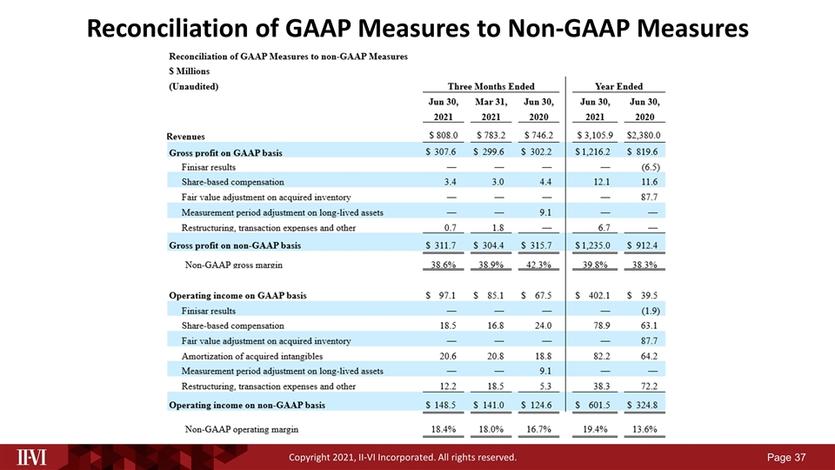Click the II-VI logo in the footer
coord(31,457)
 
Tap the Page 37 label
coord(786,457)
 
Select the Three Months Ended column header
coord(491,86)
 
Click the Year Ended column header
coord(618,86)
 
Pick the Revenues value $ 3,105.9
coord(595,136)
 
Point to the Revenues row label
coord(185,137)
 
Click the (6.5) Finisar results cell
coord(651,167)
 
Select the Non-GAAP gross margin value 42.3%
coord(538,265)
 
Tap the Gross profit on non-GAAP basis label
coord(235,245)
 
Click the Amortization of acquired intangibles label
coord(252,356)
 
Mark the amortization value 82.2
coord(602,356)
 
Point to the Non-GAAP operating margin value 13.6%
coord(645,429)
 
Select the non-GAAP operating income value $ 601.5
coord(592,405)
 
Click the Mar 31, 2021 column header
coord(491,110)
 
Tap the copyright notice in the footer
coord(403,457)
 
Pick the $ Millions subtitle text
coord(189,71)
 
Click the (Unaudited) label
coord(193,86)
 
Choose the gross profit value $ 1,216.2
coord(592,151)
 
